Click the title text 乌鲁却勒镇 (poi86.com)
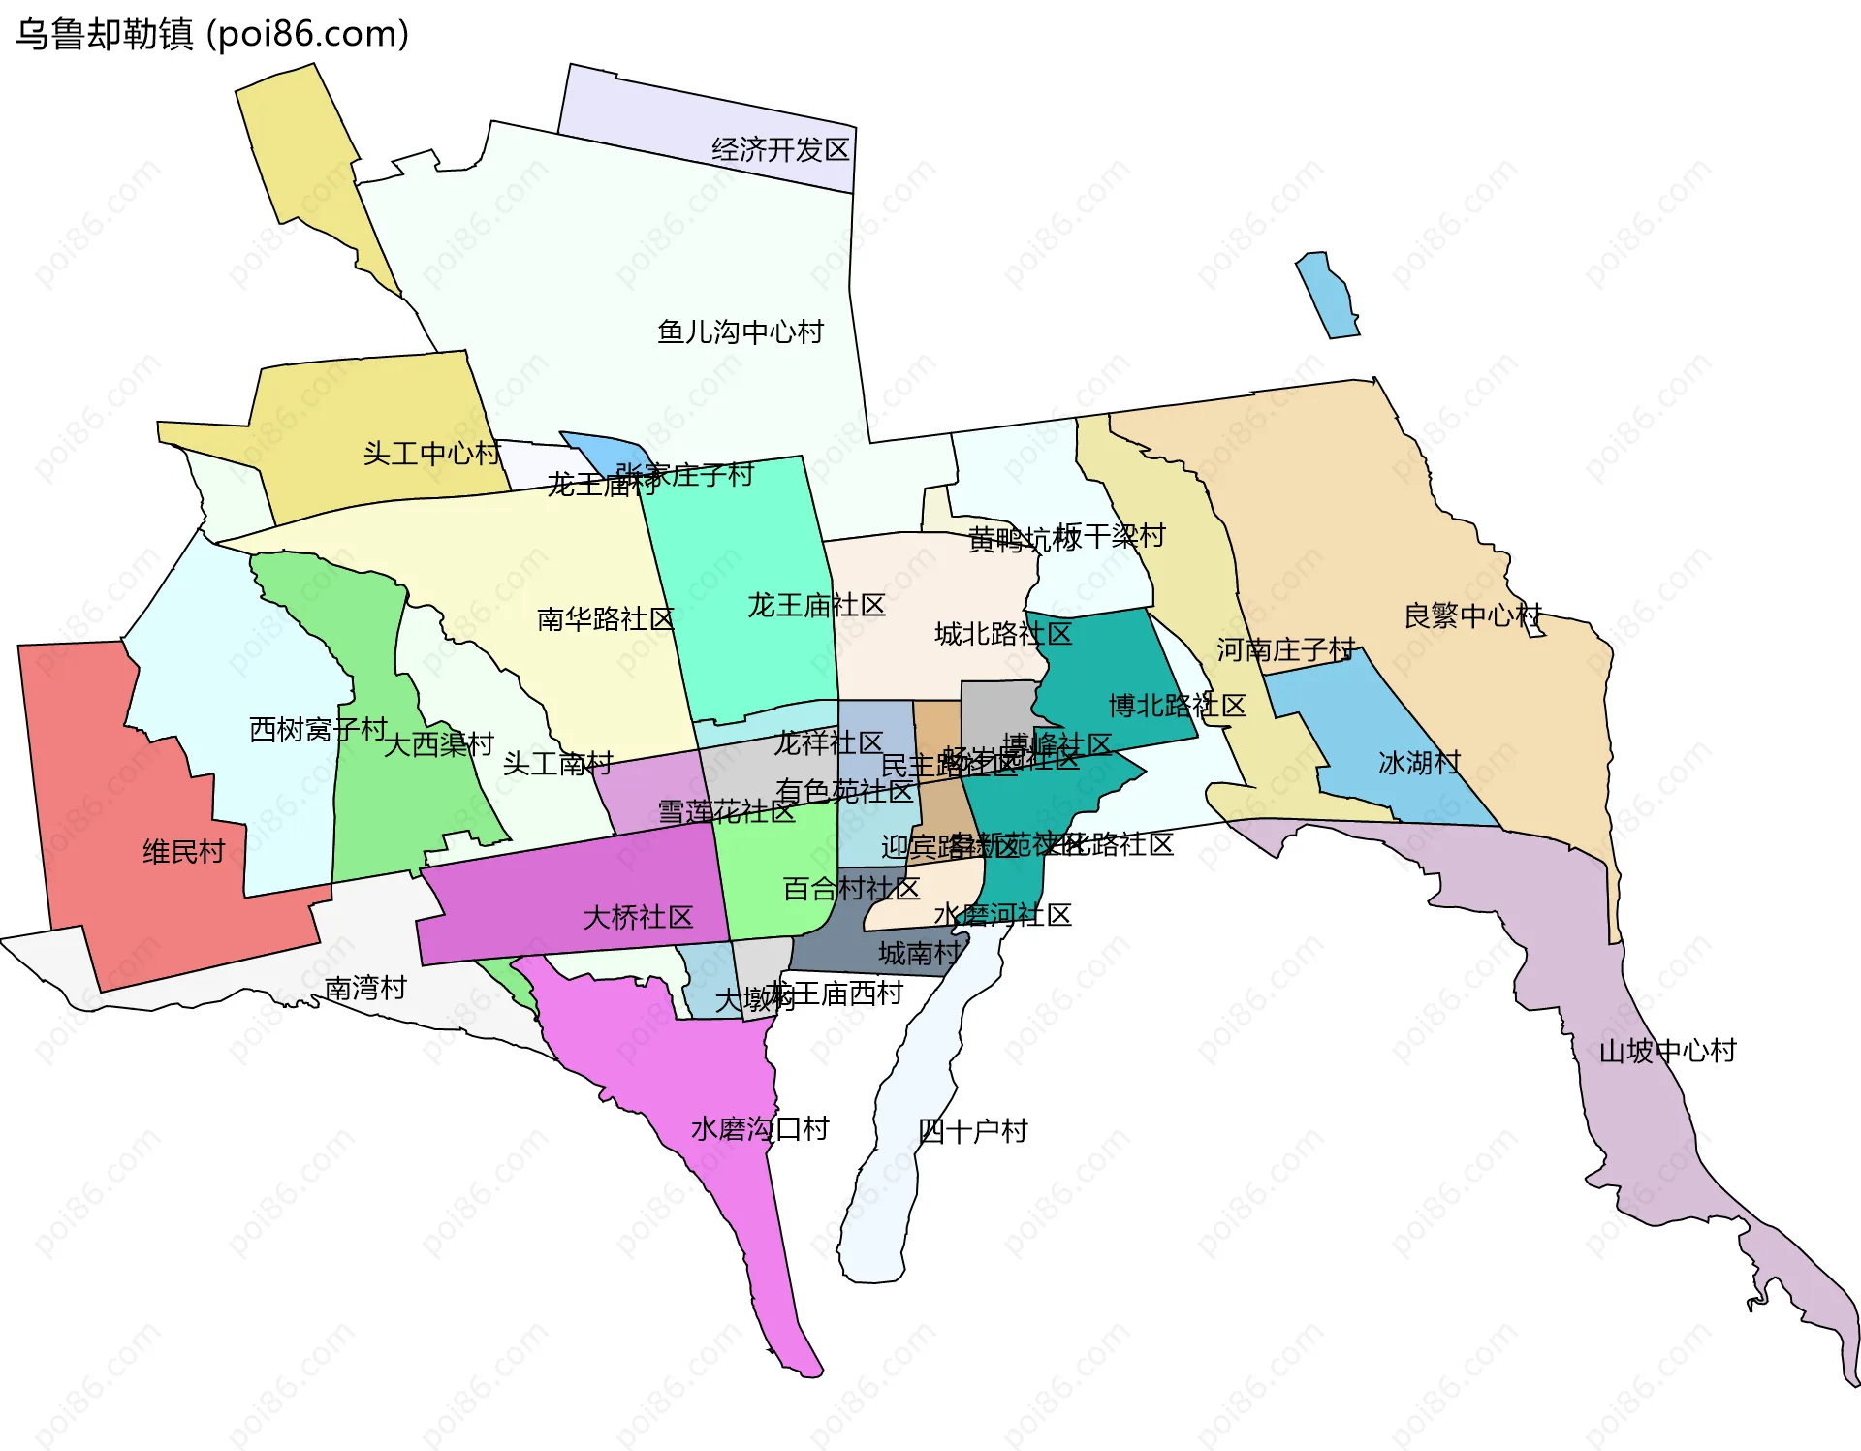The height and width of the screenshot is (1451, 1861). [x=211, y=35]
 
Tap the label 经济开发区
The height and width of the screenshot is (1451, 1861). [x=780, y=149]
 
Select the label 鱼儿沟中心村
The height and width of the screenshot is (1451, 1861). [x=740, y=332]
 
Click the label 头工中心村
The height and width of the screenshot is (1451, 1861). [x=431, y=453]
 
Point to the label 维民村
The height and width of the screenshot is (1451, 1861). [x=183, y=852]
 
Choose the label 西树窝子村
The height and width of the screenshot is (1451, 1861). [x=318, y=729]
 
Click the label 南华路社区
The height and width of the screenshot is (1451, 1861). [x=605, y=619]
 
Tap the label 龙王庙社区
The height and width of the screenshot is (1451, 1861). [x=816, y=606]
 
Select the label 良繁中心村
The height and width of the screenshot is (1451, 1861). [x=1472, y=615]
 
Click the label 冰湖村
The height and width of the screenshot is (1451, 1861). [x=1419, y=763]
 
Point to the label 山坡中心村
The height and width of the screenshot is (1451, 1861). [x=1667, y=1051]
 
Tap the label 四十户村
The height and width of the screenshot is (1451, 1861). [x=972, y=1131]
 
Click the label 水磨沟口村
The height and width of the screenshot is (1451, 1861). [x=760, y=1129]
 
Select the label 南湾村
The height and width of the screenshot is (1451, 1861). [x=365, y=989]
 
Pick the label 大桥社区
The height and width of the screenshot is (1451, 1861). [x=638, y=918]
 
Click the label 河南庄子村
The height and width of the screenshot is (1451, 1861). [x=1285, y=649]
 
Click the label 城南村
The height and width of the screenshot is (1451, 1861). [x=919, y=954]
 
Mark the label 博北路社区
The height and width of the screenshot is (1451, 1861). [x=1177, y=706]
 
